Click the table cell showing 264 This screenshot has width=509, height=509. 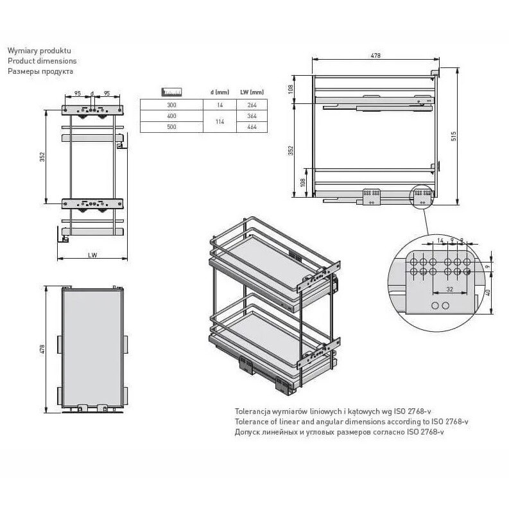(x=252, y=105)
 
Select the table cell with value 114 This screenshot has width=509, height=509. (x=220, y=121)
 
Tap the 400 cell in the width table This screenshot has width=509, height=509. (x=171, y=116)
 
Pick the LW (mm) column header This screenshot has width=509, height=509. (x=252, y=92)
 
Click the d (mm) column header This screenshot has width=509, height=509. (x=220, y=92)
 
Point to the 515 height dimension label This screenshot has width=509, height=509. (x=454, y=136)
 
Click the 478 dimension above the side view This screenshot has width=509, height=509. (x=375, y=55)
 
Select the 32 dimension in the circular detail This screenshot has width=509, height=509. (x=449, y=289)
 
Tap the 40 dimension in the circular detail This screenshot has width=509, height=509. (x=488, y=293)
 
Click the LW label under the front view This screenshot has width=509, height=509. (x=92, y=255)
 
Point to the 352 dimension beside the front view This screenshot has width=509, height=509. (x=42, y=157)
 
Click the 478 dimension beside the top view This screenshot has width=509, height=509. (x=42, y=349)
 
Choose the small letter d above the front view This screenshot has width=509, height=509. (x=92, y=94)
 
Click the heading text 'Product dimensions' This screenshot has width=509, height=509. (x=42, y=61)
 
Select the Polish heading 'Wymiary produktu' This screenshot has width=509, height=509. (x=39, y=51)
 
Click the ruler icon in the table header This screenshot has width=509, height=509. (x=171, y=92)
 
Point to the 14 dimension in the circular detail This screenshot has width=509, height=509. (x=440, y=241)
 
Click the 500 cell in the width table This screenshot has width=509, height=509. (x=171, y=127)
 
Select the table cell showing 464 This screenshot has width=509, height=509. (x=252, y=127)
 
